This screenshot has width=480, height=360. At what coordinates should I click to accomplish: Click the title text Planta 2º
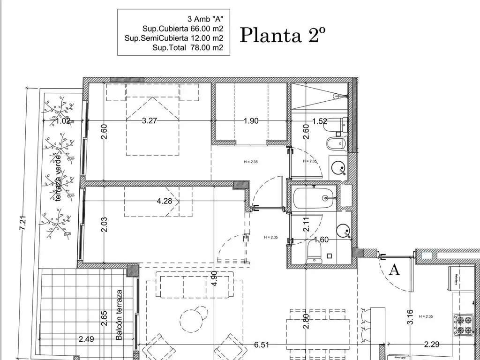(x=283, y=35)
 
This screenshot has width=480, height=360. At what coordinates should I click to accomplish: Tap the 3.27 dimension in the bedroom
(x=149, y=120)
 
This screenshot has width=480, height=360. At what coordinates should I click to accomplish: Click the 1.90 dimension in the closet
(x=251, y=120)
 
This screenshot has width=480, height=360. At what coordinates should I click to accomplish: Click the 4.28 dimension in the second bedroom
(x=164, y=201)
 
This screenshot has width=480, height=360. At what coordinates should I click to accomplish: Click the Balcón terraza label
(x=119, y=315)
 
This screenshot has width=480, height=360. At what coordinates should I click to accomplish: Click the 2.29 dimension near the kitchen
(x=431, y=345)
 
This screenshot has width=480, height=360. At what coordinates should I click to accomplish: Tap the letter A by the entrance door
(x=395, y=270)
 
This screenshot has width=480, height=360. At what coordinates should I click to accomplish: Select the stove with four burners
(x=463, y=325)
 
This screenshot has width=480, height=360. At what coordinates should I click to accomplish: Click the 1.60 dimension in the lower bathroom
(x=321, y=240)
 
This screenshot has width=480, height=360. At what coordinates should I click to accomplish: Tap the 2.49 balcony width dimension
(x=86, y=339)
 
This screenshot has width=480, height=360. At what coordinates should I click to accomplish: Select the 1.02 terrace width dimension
(x=62, y=121)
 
